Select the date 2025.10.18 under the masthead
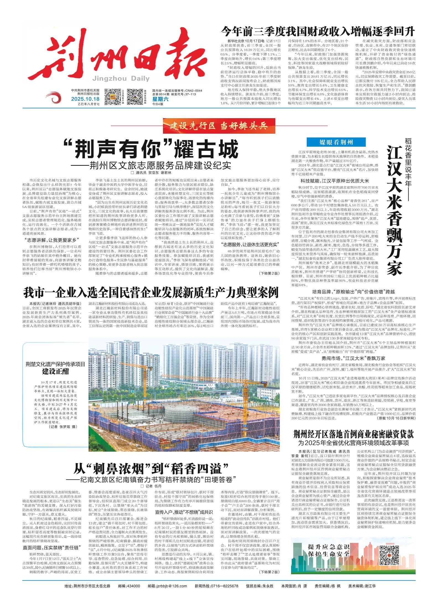(85, 99)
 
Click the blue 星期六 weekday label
(159, 99)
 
